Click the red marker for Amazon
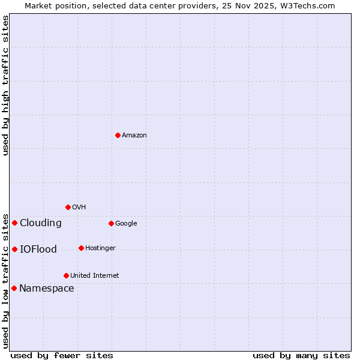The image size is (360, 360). click(x=118, y=135)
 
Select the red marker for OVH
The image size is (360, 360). click(x=68, y=207)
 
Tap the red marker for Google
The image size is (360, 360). click(x=111, y=223)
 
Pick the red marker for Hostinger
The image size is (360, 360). click(x=81, y=248)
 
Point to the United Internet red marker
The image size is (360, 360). click(x=66, y=275)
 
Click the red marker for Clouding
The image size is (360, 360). click(x=14, y=223)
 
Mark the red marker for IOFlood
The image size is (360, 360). click(x=14, y=249)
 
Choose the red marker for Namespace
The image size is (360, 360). click(x=14, y=288)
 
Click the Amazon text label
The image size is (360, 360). click(x=134, y=136)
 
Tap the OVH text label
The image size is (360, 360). click(x=79, y=208)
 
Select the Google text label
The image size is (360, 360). click(x=126, y=224)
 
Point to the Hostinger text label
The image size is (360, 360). click(x=100, y=248)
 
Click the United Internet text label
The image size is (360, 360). click(x=95, y=276)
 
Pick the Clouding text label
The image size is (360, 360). click(x=41, y=223)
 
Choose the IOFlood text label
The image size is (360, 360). click(x=38, y=250)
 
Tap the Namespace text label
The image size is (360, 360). click(x=47, y=289)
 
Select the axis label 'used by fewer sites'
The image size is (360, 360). click(x=62, y=355)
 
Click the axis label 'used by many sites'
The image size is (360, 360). click(x=301, y=355)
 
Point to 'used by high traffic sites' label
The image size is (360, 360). click(x=6, y=85)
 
